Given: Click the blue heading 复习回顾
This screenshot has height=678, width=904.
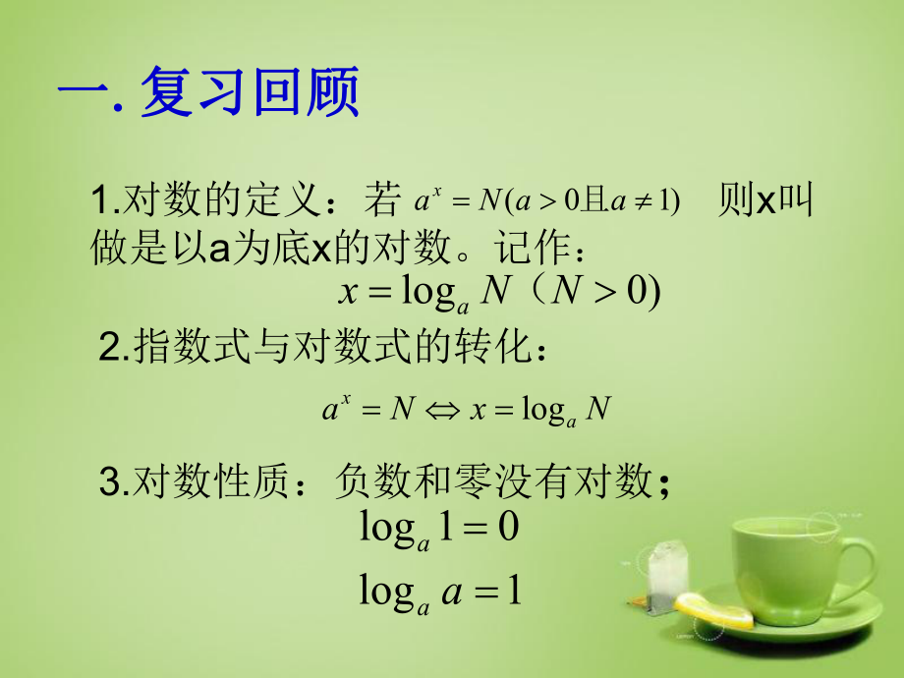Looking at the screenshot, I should coord(251,94).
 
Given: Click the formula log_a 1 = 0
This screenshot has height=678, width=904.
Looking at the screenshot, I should coord(438,530).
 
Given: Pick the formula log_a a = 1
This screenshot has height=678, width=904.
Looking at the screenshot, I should coord(438,593).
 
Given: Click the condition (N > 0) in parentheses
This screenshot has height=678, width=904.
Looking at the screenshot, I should coord(600,293).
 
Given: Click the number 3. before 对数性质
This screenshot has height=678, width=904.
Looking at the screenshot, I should coord(113,481).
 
